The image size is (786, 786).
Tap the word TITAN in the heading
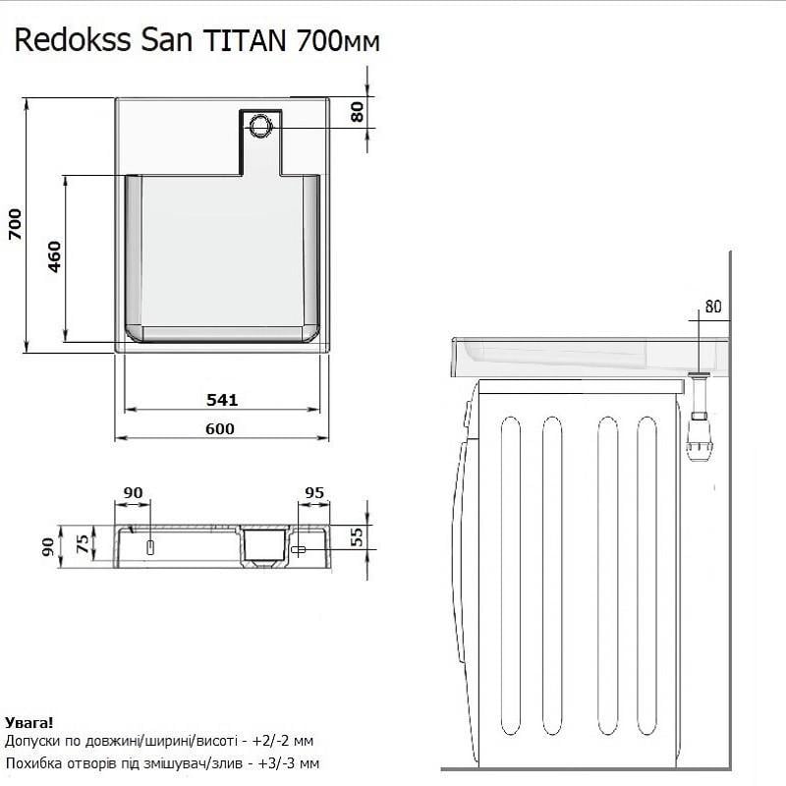click(x=245, y=41)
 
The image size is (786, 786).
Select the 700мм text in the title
click(x=337, y=41)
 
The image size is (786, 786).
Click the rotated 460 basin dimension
click(x=54, y=257)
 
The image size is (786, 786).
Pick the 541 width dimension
click(x=222, y=399)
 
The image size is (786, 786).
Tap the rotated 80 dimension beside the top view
click(x=357, y=111)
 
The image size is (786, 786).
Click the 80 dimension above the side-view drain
click(x=712, y=307)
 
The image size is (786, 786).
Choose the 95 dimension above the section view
click(x=314, y=492)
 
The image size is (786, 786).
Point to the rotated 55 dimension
click(x=357, y=535)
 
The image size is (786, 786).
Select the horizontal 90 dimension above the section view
click(x=134, y=492)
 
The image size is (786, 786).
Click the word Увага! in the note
click(x=29, y=722)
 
